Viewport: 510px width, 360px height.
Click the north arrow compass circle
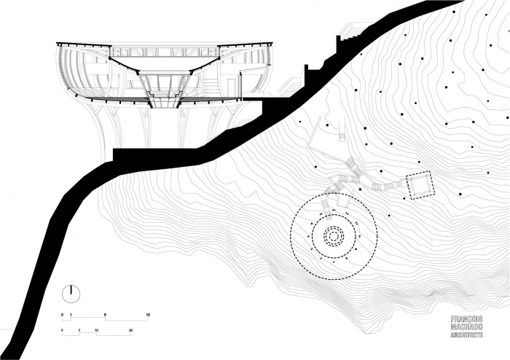tap(71, 293)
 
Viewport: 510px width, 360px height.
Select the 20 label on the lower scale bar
tap(130, 330)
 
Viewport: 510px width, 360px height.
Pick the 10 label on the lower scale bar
tap(97, 330)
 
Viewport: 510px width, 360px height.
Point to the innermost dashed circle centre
tap(333, 236)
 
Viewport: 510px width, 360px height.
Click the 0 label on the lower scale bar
tap(63, 330)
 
